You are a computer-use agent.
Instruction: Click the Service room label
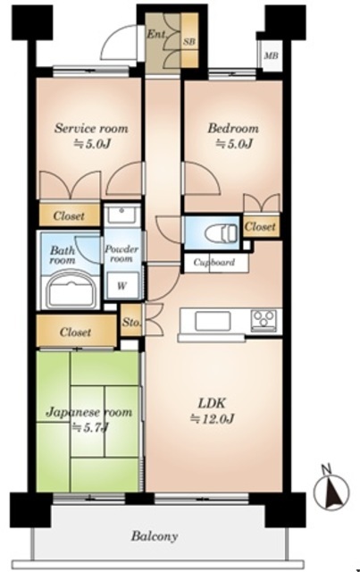[91, 129]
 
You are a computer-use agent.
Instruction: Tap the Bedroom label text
[233, 129]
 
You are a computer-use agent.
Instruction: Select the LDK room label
[212, 403]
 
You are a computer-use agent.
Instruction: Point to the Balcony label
[155, 536]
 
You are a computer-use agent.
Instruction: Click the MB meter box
[271, 55]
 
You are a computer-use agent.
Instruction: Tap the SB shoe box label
[188, 42]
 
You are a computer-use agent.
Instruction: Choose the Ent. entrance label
[156, 35]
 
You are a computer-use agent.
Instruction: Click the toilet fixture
[221, 232]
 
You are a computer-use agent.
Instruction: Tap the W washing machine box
[121, 286]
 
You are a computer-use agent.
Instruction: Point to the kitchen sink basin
[213, 321]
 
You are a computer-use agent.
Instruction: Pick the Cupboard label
[214, 262]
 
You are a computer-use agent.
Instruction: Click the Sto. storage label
[131, 323]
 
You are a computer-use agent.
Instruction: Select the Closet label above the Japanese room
[76, 332]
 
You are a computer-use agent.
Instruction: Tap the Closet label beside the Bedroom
[260, 226]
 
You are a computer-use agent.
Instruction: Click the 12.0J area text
[212, 419]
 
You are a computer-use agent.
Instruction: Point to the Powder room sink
[122, 214]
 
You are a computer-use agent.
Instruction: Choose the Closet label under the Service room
[69, 215]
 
